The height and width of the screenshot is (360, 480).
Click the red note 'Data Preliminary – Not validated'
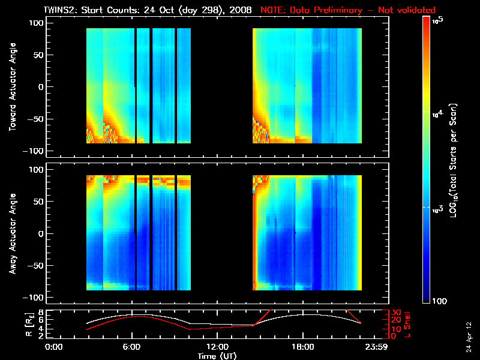point(348,10)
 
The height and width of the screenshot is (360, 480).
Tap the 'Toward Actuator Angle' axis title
point(12,88)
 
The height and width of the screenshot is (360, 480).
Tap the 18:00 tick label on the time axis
point(302,347)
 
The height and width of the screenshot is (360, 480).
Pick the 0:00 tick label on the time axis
point(54,347)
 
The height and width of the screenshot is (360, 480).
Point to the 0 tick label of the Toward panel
point(41,86)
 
